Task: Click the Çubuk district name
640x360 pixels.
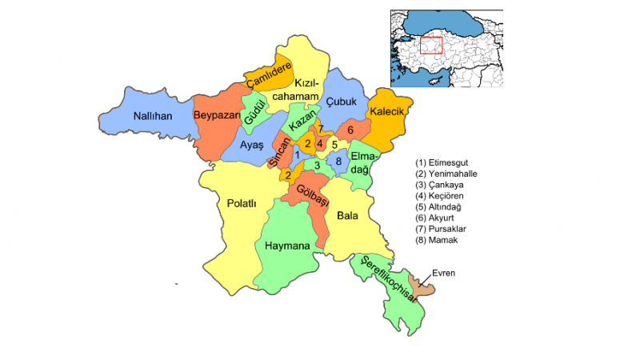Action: click(x=342, y=102)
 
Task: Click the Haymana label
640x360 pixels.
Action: click(x=286, y=246)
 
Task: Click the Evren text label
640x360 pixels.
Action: click(x=443, y=273)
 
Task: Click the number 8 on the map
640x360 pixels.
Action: click(x=338, y=162)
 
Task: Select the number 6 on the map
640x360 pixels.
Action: click(x=350, y=130)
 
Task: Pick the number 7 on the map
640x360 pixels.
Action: click(x=320, y=129)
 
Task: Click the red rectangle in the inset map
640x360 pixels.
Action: click(x=430, y=46)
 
